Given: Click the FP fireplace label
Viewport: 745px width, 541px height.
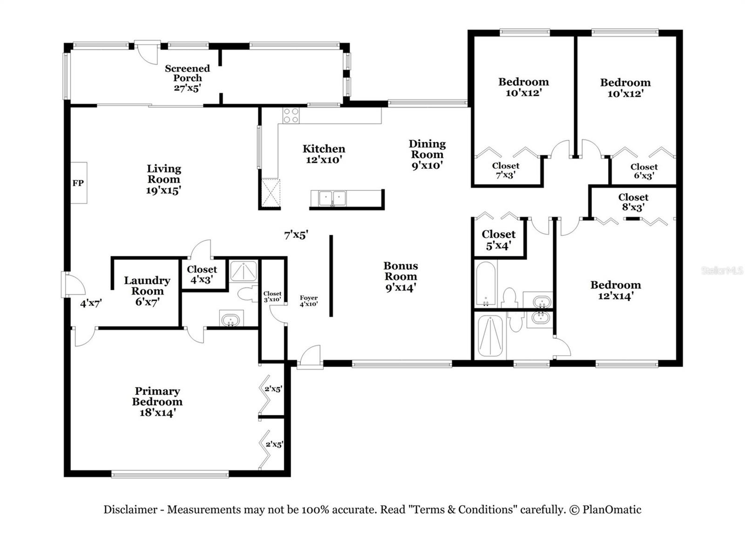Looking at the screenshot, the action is click(x=78, y=183).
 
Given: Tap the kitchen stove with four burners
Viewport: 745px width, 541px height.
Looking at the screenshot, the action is click(x=291, y=116).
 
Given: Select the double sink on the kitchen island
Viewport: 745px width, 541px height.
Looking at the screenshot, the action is click(x=332, y=198).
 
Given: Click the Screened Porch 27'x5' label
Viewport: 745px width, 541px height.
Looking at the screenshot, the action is click(x=188, y=78).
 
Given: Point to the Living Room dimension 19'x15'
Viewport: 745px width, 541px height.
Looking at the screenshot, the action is click(x=163, y=190).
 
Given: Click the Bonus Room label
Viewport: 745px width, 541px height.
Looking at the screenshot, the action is click(x=400, y=271).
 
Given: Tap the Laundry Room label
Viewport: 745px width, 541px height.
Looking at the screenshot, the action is click(x=147, y=286).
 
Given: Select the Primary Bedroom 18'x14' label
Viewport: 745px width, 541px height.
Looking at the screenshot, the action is click(x=157, y=402).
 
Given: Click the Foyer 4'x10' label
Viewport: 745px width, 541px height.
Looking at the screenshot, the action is click(x=309, y=301).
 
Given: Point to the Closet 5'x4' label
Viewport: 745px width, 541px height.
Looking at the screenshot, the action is click(x=499, y=240).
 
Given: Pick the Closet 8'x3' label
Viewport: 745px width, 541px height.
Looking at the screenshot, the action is click(x=633, y=202).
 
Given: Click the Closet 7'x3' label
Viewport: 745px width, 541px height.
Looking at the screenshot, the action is click(x=506, y=170).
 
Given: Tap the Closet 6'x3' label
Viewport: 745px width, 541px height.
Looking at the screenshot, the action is click(x=644, y=172).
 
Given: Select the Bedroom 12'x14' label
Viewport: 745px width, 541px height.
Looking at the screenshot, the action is click(x=616, y=290).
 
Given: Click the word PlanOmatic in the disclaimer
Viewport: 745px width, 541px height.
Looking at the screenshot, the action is click(x=612, y=509).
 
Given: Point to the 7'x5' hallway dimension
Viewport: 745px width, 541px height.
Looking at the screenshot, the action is click(x=296, y=235).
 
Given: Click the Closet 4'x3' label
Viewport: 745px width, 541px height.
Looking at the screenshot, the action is click(x=202, y=274).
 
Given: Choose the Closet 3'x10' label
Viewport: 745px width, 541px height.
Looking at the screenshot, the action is click(x=272, y=297).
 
